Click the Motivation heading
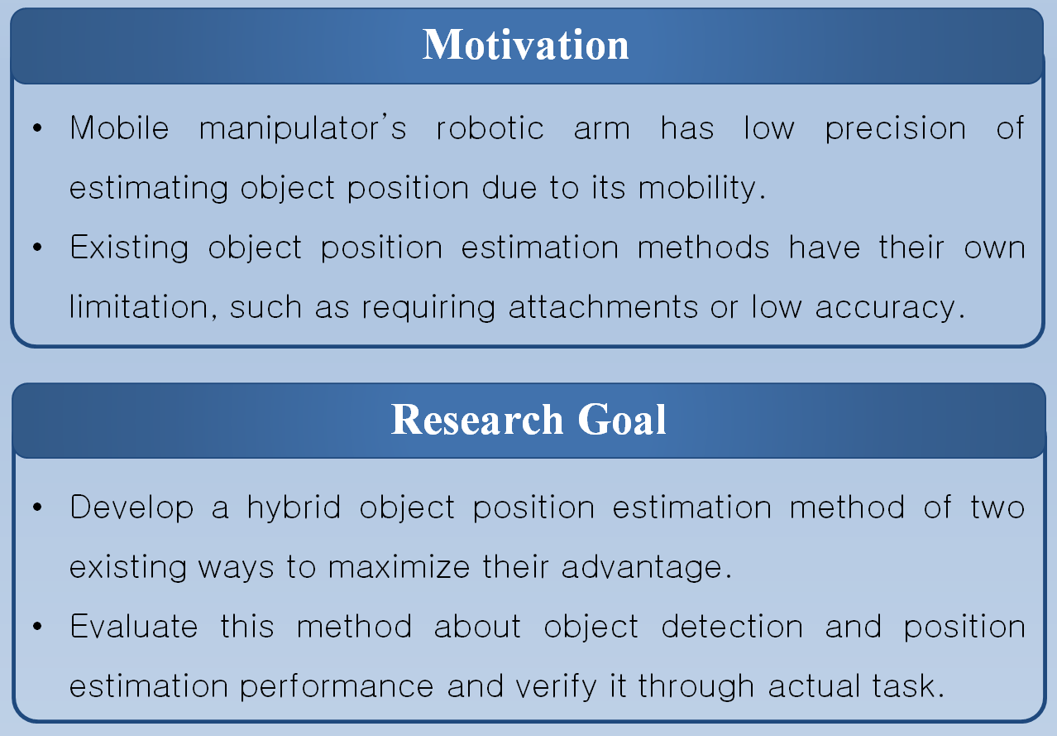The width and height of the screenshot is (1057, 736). [x=526, y=45]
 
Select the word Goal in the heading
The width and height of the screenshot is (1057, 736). [x=622, y=420]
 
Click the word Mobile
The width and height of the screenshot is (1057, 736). [x=120, y=128]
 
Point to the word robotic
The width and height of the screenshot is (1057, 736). [x=490, y=128]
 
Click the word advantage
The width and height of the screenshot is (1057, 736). [x=647, y=568]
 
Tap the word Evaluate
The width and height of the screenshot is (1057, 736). [x=134, y=627]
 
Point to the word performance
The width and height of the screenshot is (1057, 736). [x=251, y=687]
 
